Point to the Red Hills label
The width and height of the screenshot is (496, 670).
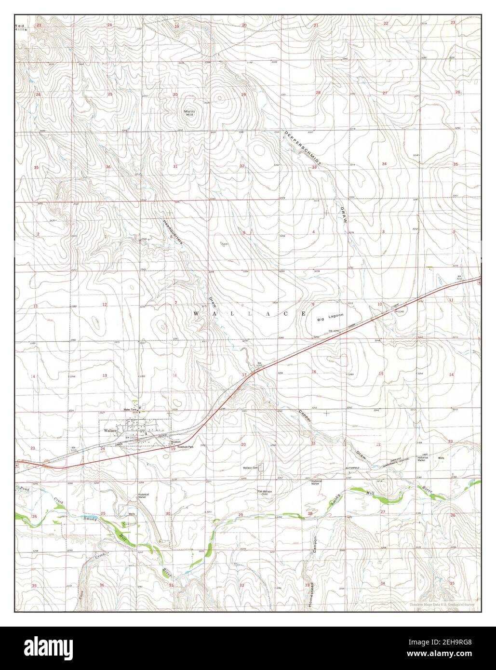21,27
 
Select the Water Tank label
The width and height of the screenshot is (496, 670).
131,410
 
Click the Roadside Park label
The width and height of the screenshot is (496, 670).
185,447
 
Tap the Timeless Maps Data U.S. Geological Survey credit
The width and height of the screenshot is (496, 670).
442,604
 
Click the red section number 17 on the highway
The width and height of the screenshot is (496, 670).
244,375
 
